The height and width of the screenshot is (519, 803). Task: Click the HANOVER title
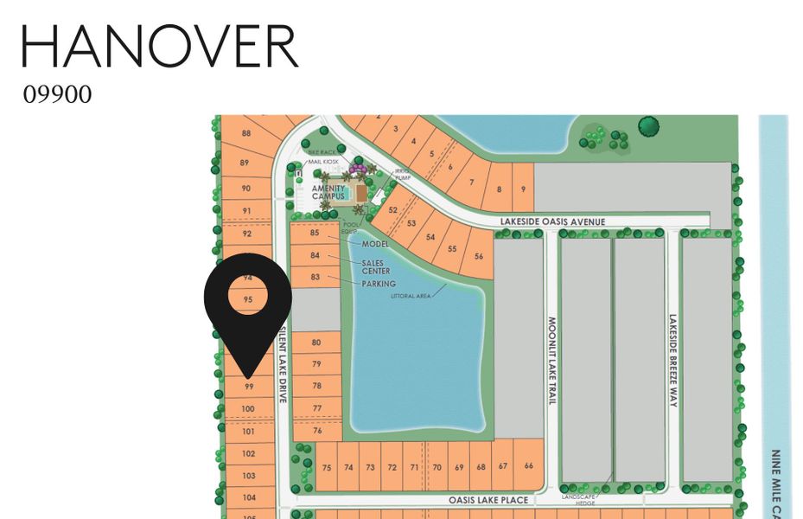[160, 47]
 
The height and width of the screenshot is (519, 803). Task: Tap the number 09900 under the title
[57, 94]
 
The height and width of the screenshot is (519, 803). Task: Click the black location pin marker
[248, 311]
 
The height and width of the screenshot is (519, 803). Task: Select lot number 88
[245, 133]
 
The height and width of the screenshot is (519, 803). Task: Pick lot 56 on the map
[478, 256]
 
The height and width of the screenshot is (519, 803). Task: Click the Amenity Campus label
[328, 192]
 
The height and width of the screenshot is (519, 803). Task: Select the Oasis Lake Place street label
[488, 500]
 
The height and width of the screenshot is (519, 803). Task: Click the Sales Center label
[375, 266]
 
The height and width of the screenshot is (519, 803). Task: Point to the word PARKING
[378, 284]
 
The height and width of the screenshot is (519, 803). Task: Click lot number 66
[528, 466]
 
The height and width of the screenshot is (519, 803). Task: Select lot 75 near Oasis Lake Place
[326, 467]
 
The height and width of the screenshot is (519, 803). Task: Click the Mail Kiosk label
[323, 162]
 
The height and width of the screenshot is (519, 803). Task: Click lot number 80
[316, 343]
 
